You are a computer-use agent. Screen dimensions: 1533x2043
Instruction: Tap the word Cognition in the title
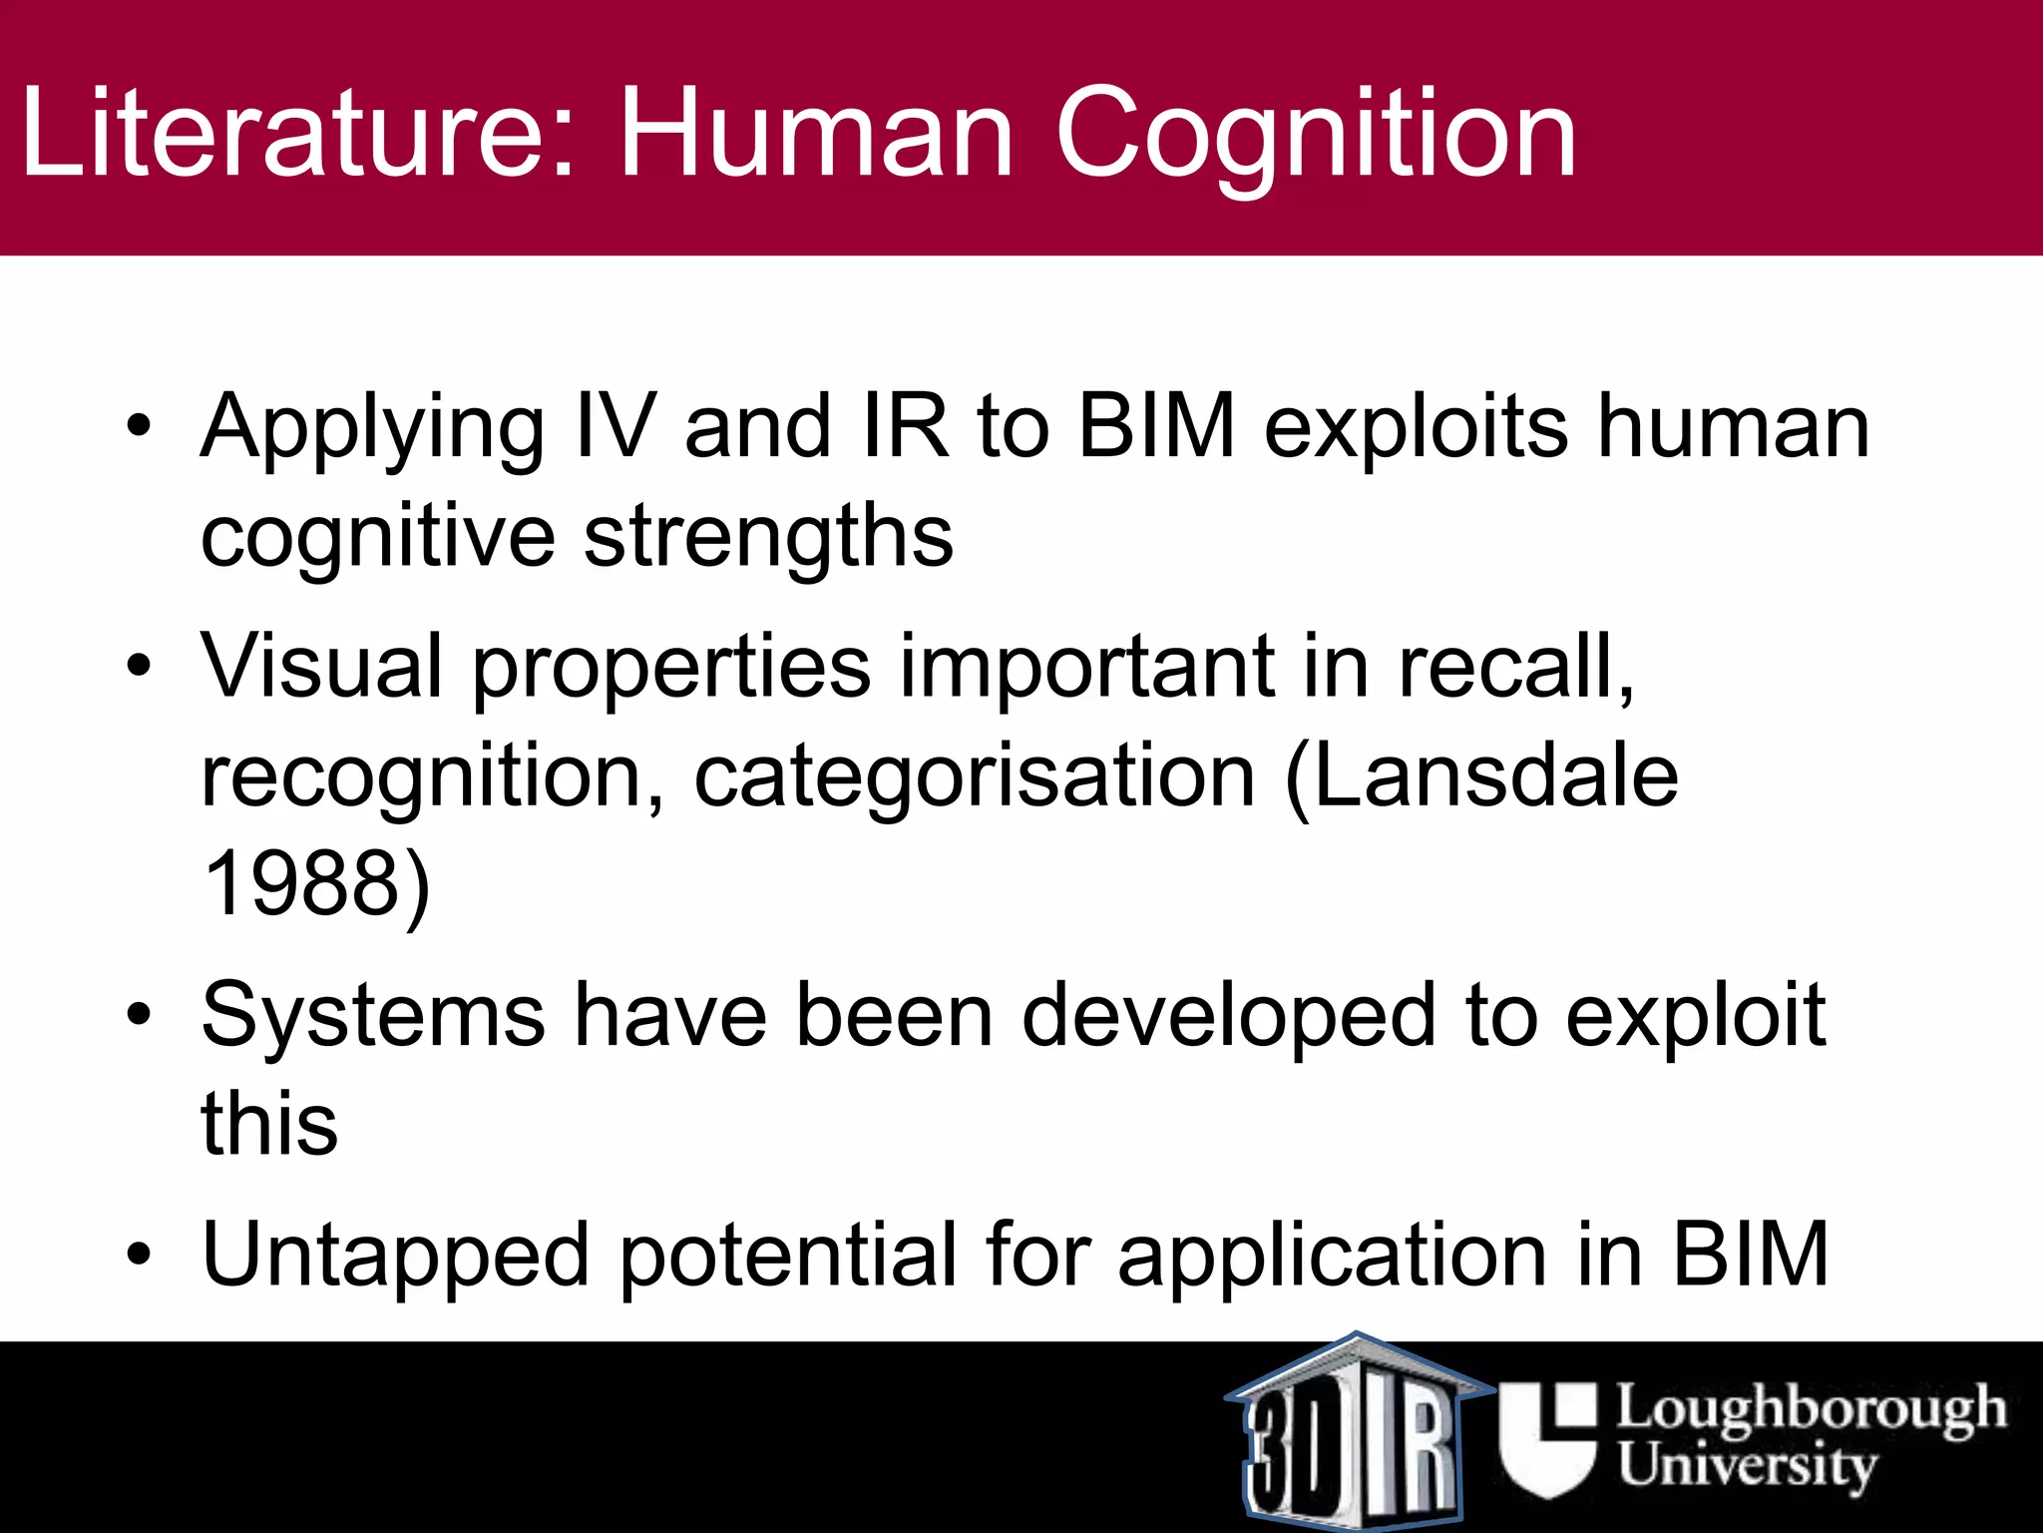click(x=1316, y=135)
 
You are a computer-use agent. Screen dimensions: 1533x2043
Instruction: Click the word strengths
click(x=768, y=537)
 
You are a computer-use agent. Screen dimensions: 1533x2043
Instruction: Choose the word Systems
click(x=373, y=1015)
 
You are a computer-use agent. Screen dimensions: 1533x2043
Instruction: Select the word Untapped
click(x=395, y=1257)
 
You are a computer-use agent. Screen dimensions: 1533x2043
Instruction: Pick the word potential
click(x=788, y=1257)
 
